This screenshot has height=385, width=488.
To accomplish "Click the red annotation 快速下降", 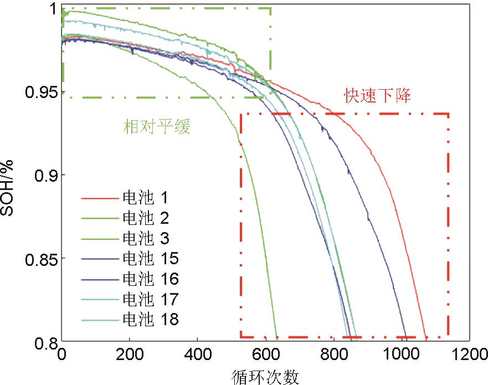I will [378, 95].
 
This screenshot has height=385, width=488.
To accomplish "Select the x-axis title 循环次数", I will [266, 377].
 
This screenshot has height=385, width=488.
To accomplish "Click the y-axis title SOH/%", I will [12, 188].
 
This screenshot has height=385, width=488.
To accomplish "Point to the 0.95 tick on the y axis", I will [41, 91].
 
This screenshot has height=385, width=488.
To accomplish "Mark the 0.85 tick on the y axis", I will [41, 258].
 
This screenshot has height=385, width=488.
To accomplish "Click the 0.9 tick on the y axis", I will [45, 175].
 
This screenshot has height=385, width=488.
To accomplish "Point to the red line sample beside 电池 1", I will [99, 198].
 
